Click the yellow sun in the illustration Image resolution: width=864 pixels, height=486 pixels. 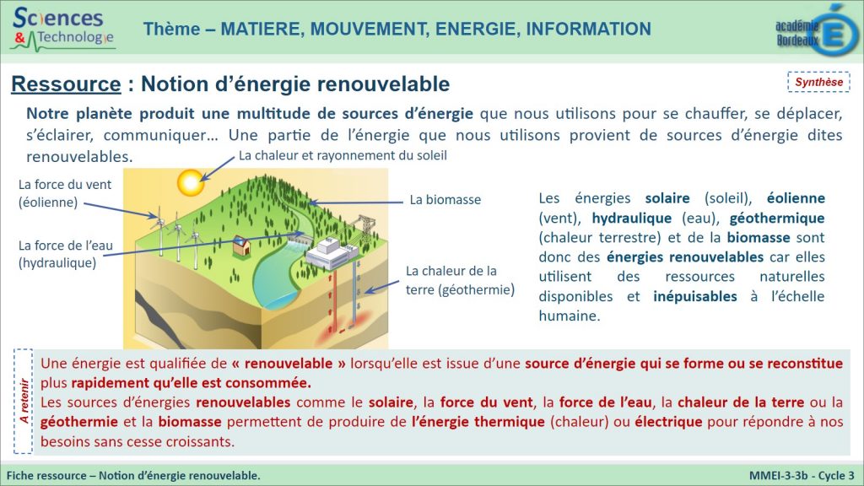tap(191, 182)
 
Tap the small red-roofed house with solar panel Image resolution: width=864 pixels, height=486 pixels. tap(241, 246)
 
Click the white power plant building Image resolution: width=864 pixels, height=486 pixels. tap(332, 253)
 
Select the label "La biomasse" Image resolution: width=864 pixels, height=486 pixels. tap(445, 199)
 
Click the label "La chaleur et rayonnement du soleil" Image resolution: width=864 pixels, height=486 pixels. tap(343, 155)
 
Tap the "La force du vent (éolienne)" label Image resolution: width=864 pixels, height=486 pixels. tap(64, 193)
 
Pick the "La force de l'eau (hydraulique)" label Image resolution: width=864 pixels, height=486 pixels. tap(65, 254)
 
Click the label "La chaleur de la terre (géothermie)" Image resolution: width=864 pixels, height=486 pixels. tap(460, 280)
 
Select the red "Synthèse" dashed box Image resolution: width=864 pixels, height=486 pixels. tap(818, 82)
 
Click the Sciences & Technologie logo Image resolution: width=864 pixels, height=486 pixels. tap(62, 29)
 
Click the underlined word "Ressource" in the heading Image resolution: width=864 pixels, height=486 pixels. tap(66, 84)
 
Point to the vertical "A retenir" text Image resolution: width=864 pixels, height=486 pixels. tap(24, 401)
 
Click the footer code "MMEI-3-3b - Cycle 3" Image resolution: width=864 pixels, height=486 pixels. tap(802, 476)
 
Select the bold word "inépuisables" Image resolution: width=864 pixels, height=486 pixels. tap(695, 296)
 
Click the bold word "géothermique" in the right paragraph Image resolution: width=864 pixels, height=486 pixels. tap(777, 219)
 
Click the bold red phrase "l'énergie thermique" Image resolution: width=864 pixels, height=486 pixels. tap(478, 422)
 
